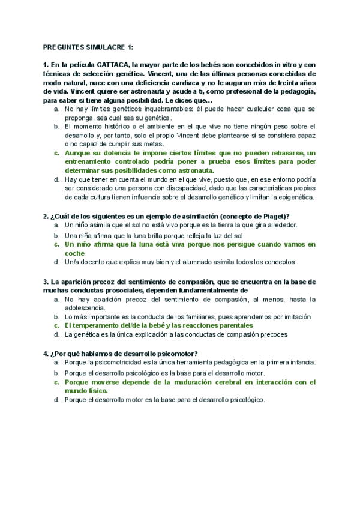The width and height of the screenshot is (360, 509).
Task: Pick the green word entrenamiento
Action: [92, 163]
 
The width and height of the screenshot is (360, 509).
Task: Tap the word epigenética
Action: [296, 197]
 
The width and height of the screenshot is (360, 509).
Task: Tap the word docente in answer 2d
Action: [99, 262]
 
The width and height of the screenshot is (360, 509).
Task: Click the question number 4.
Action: [46, 353]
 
